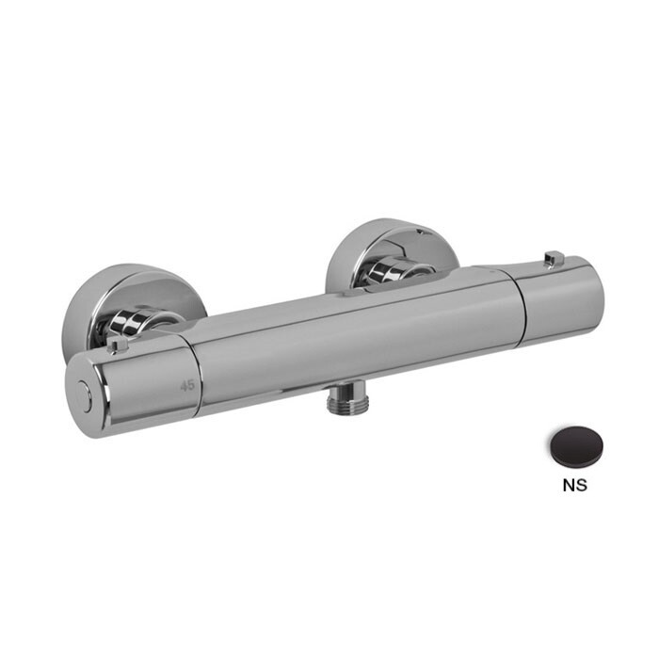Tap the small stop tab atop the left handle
(118, 346)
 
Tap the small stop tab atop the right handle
(555, 257)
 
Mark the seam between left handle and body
(197, 377)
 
